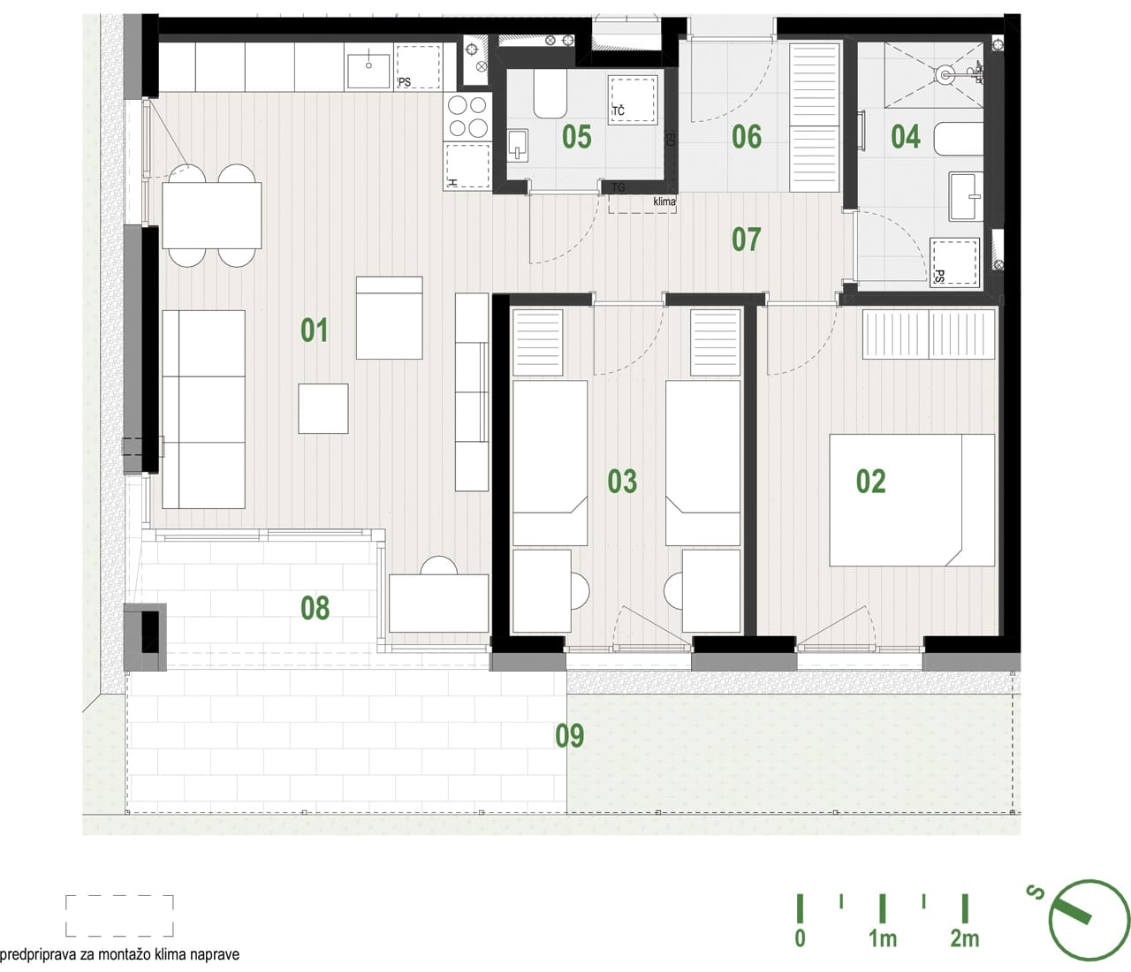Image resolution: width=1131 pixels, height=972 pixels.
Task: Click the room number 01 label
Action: tap(314, 330)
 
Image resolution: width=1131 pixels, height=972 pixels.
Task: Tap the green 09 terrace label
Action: tap(570, 735)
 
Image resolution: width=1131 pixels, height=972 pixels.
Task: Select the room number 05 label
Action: tap(577, 136)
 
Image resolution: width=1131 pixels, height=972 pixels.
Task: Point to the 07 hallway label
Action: tap(747, 239)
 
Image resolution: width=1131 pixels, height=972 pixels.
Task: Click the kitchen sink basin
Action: tap(368, 71)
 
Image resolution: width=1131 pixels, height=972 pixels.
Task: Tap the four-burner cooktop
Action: tap(467, 116)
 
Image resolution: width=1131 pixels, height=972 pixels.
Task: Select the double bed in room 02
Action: tap(912, 500)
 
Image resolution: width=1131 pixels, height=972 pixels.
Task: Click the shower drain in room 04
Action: tap(945, 75)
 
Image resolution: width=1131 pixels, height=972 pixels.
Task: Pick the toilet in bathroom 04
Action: tap(958, 139)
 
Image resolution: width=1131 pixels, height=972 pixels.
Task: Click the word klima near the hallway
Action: tap(664, 201)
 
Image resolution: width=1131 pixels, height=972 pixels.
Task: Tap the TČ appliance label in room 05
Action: tap(619, 111)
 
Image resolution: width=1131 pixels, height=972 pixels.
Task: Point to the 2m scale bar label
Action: tap(965, 938)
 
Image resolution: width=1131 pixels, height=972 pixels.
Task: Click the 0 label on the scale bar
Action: tap(800, 938)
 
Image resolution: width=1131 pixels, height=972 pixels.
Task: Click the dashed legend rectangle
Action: tap(119, 915)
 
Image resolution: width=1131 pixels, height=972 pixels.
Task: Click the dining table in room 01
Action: tap(212, 216)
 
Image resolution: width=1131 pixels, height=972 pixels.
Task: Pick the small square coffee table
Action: tap(323, 408)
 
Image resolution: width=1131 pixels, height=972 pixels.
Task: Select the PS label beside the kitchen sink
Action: tap(405, 82)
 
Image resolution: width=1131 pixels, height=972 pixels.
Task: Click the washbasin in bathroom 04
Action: tap(966, 196)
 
